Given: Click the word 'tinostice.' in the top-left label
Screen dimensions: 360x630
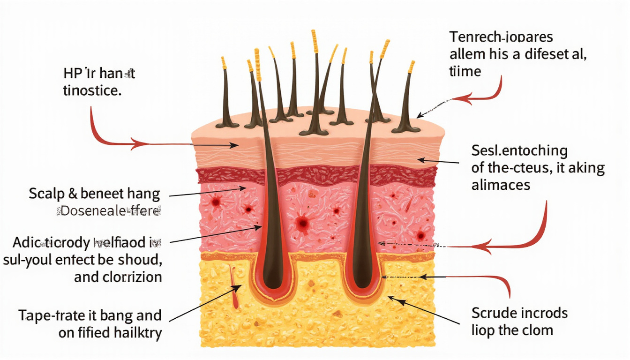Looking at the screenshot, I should coord(92,91).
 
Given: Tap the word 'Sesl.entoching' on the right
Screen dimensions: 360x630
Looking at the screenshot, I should coord(518,151).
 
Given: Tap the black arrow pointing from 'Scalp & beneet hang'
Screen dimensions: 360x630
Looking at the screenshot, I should coord(206,192).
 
